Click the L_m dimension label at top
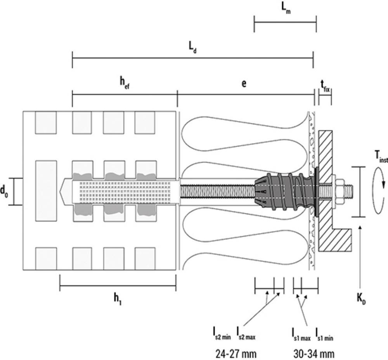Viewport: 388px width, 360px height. coord(286,8)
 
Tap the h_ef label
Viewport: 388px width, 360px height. coord(125,83)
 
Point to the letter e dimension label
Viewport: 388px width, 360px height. coord(244,83)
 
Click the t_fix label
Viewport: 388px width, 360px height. coord(325,86)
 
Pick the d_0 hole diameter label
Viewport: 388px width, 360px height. coord(4,191)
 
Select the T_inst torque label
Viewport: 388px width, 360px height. coord(381,156)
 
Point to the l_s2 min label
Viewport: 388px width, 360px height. coord(222,334)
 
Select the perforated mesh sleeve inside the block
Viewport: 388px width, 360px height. coord(125,191)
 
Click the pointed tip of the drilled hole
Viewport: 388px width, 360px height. coord(60,191)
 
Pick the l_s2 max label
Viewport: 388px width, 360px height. coord(246,334)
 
